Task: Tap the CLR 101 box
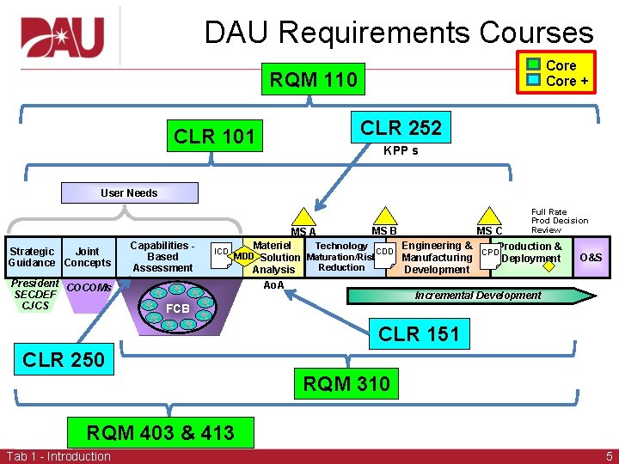(x=214, y=136)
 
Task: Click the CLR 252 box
(x=401, y=128)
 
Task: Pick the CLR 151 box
(x=420, y=333)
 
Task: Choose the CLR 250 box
(x=64, y=359)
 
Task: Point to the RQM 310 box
(x=346, y=383)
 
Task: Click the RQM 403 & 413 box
(x=160, y=432)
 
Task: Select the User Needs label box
(x=129, y=192)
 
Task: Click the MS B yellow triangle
(x=383, y=217)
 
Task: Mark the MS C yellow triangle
(x=489, y=217)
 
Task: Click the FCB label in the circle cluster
(x=178, y=308)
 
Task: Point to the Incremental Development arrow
(x=478, y=295)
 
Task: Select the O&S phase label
(x=591, y=257)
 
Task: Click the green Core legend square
(x=534, y=65)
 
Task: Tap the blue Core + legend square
(x=534, y=80)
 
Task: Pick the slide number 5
(x=609, y=456)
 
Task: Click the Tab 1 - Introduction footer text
(x=58, y=456)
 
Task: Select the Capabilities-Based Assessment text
(x=162, y=256)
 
